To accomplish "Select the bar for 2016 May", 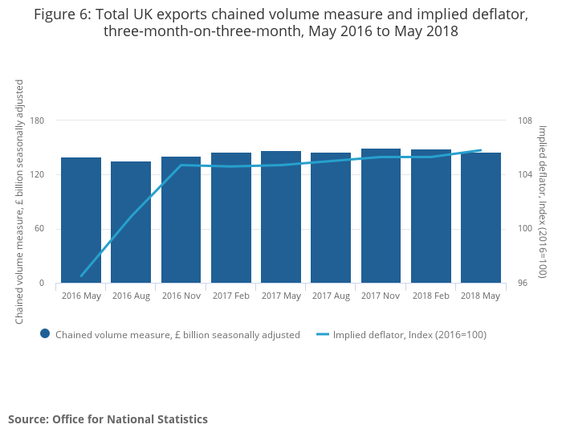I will point(81,220).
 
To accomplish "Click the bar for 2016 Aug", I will point(131,223).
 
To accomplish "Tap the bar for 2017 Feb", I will point(231,218).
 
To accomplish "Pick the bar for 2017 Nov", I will point(381,216).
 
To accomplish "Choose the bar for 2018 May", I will point(481,218).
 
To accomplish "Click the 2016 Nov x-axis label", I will point(181,296).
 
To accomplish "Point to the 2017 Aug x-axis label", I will point(331,296).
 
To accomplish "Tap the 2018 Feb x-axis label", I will point(430,296).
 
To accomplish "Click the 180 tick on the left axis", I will point(37,120).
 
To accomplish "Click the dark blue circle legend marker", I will point(45,334).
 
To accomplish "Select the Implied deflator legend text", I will point(409,335).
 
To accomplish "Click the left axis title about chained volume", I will point(19,202).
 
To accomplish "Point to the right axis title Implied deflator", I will point(542,202).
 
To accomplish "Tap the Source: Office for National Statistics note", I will point(108,419).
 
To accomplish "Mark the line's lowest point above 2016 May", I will point(81,276).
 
